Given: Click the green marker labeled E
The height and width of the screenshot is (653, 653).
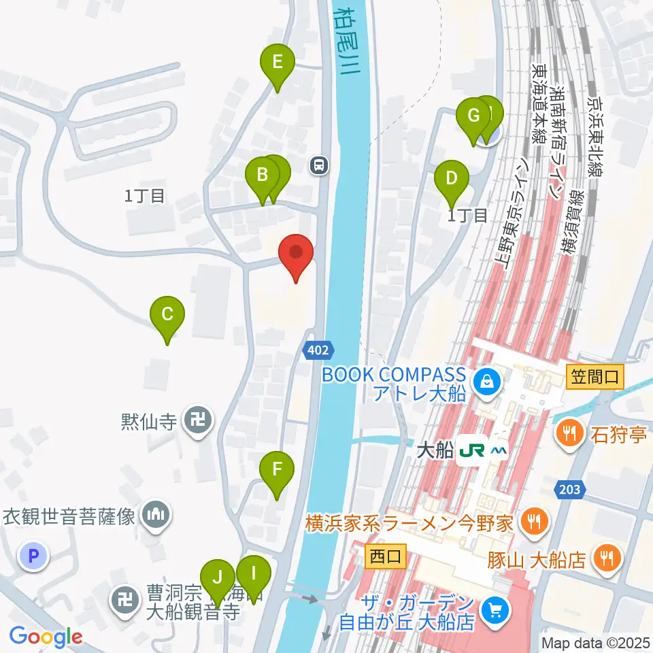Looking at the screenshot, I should point(278,63).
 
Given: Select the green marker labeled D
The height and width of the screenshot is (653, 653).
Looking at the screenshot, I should point(452,180).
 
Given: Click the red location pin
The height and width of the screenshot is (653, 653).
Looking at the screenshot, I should point(297,253).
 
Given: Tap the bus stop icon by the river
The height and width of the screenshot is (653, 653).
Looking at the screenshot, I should point(318,165).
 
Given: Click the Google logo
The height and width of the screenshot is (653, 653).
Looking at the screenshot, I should point(46,637).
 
